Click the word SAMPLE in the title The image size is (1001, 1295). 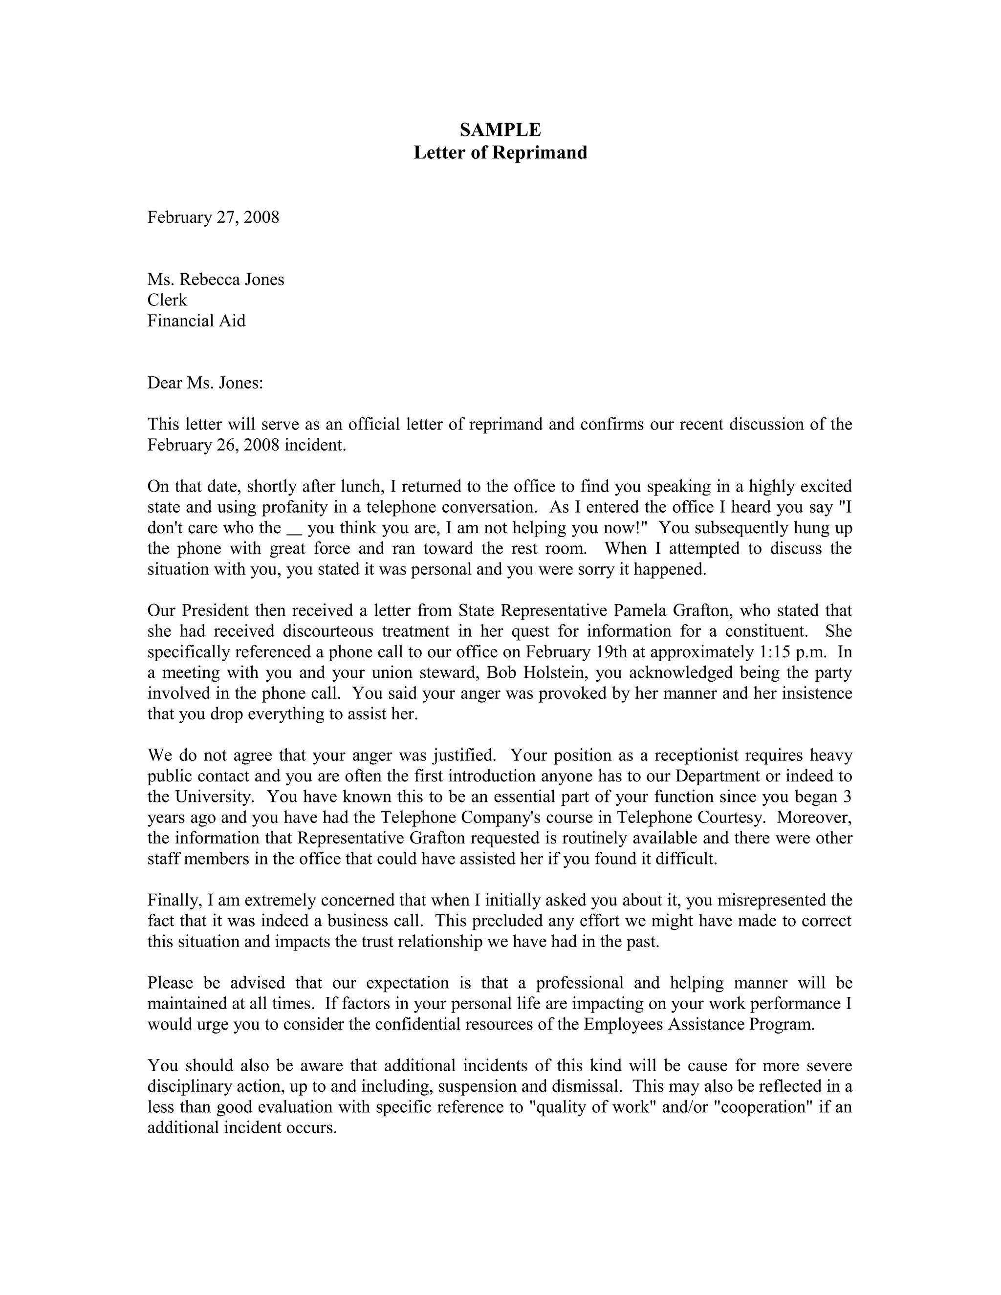click(x=500, y=129)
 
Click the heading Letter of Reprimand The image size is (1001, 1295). click(x=500, y=152)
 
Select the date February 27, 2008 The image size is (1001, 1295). click(x=213, y=217)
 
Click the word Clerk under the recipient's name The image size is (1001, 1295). click(x=167, y=300)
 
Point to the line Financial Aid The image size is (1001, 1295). click(x=196, y=321)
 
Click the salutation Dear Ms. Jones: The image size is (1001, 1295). click(x=205, y=383)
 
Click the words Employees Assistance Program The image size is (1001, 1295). click(x=698, y=1025)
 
